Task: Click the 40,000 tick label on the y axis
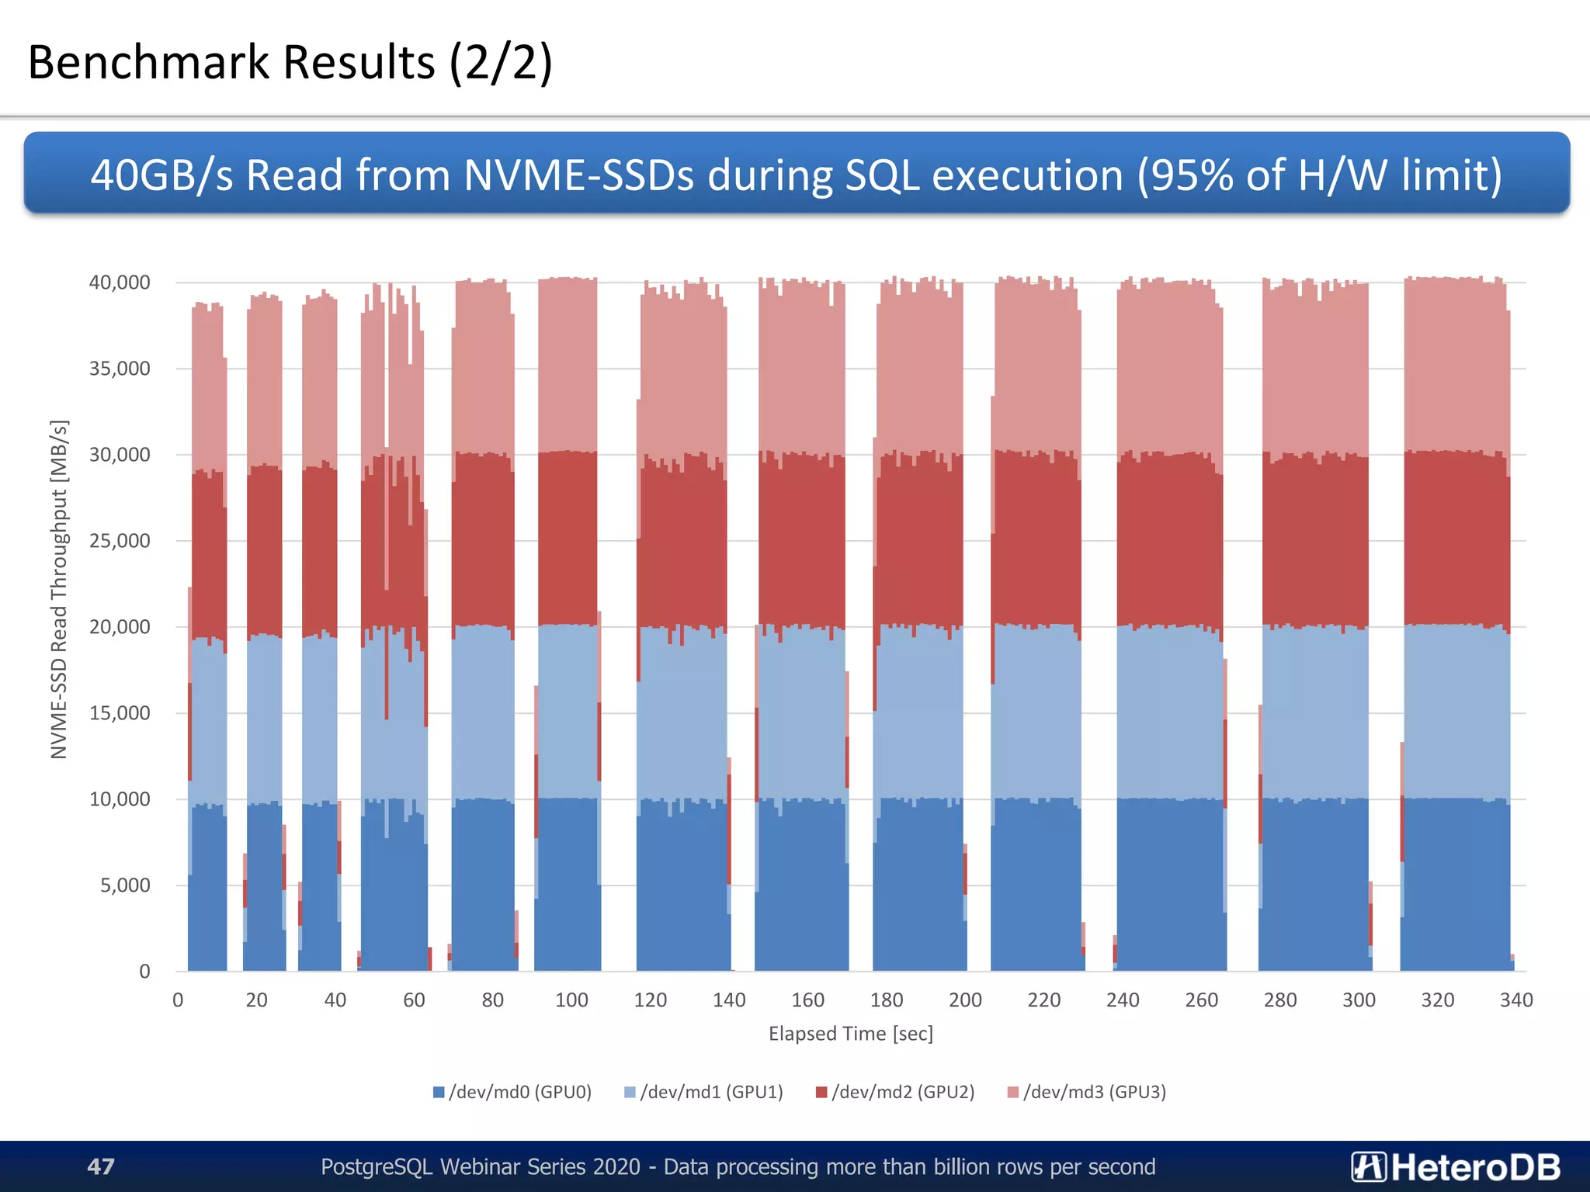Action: tap(120, 282)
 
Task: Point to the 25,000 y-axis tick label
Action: tap(120, 541)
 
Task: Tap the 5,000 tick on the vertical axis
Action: tap(125, 885)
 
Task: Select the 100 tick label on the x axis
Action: tap(571, 1000)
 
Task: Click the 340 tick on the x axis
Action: tap(1516, 1000)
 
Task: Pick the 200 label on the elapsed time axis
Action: tap(965, 1000)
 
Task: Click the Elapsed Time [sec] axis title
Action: tap(851, 1034)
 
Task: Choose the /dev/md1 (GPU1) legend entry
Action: tap(704, 1093)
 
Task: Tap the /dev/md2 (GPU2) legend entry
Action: tap(895, 1093)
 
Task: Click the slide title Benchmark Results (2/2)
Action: tap(290, 62)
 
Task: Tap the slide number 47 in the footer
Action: tap(101, 1166)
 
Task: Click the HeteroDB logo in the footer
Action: tap(1456, 1166)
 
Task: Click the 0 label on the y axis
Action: tap(144, 972)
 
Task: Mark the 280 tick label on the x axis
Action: tap(1280, 1000)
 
